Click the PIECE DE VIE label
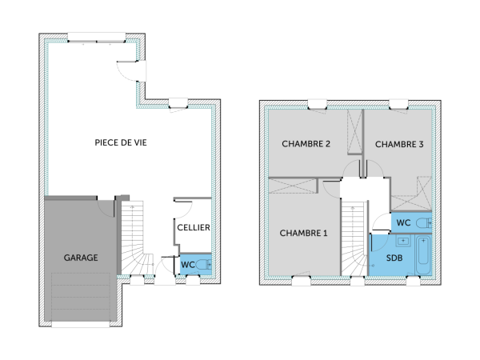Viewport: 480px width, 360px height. pos(121,142)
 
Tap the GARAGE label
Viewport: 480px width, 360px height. pos(81,258)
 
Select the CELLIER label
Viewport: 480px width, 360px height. pos(194,227)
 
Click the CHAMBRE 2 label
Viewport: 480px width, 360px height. pos(306,144)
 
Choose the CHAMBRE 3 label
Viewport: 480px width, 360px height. pos(399,144)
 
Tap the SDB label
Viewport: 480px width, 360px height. pos(394,258)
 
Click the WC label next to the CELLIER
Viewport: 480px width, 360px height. pos(188,265)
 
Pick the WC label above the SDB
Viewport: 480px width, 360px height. pos(404,222)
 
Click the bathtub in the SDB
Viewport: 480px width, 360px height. pos(423,255)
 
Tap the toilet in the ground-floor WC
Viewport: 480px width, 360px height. pos(206,265)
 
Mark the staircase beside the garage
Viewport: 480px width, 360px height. pos(134,240)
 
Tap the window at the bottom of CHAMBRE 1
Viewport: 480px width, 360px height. pos(302,280)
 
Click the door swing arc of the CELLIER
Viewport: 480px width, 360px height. pos(181,206)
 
